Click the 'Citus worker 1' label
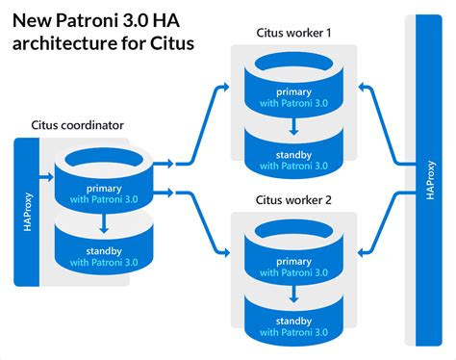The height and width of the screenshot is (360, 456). (x=292, y=34)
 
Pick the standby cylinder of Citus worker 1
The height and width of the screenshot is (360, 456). (x=293, y=156)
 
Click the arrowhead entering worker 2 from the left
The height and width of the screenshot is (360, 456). (x=225, y=255)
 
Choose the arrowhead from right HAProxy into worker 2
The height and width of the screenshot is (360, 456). (x=361, y=255)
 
